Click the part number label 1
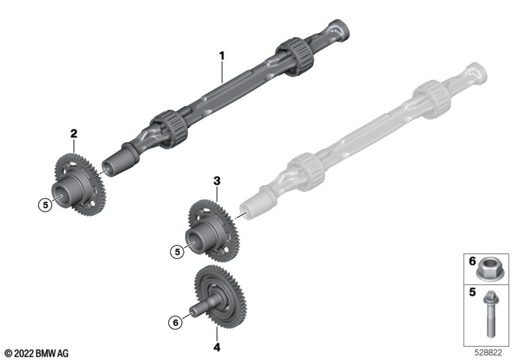point(222,56)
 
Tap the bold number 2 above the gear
point(74,134)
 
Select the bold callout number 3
point(217,181)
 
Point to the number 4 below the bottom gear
point(217,347)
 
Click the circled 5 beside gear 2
point(45,205)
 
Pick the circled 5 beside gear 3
point(177,252)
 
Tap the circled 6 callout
point(175,323)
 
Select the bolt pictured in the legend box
point(490,314)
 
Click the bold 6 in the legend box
point(472,261)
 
